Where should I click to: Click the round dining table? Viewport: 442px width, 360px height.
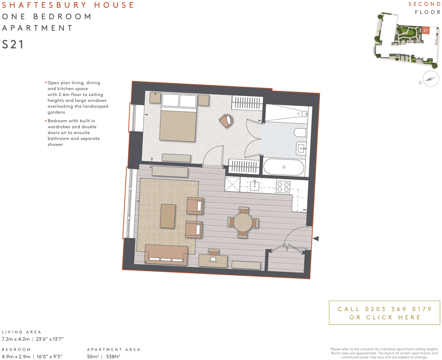[x=243, y=222]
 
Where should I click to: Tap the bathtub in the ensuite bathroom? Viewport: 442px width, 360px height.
[x=283, y=167]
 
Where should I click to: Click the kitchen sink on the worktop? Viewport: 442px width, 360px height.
[x=255, y=186]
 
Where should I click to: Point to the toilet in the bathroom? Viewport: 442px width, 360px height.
[x=301, y=133]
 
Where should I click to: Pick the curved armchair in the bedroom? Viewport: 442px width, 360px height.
[x=226, y=120]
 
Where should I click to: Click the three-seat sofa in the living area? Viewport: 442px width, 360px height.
[x=166, y=254]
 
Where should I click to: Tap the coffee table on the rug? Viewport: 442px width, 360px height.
[x=168, y=216]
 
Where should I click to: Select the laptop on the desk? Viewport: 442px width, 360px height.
[x=213, y=260]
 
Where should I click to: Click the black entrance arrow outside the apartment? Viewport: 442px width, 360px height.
[x=316, y=238]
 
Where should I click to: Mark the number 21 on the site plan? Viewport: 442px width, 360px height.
[x=425, y=30]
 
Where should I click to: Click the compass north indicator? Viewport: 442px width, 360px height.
[x=431, y=79]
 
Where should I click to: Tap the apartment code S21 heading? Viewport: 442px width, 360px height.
[x=13, y=44]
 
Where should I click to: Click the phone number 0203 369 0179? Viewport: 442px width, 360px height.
[x=398, y=309]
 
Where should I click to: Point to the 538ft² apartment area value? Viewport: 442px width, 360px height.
[x=113, y=356]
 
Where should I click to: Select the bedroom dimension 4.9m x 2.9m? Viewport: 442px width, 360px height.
[x=16, y=356]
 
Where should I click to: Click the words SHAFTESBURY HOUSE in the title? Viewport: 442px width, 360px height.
[x=68, y=5]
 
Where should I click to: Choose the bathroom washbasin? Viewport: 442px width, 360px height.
[x=301, y=148]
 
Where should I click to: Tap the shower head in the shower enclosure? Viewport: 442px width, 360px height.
[x=304, y=113]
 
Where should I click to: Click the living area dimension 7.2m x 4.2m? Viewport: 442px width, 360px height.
[x=16, y=339]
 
